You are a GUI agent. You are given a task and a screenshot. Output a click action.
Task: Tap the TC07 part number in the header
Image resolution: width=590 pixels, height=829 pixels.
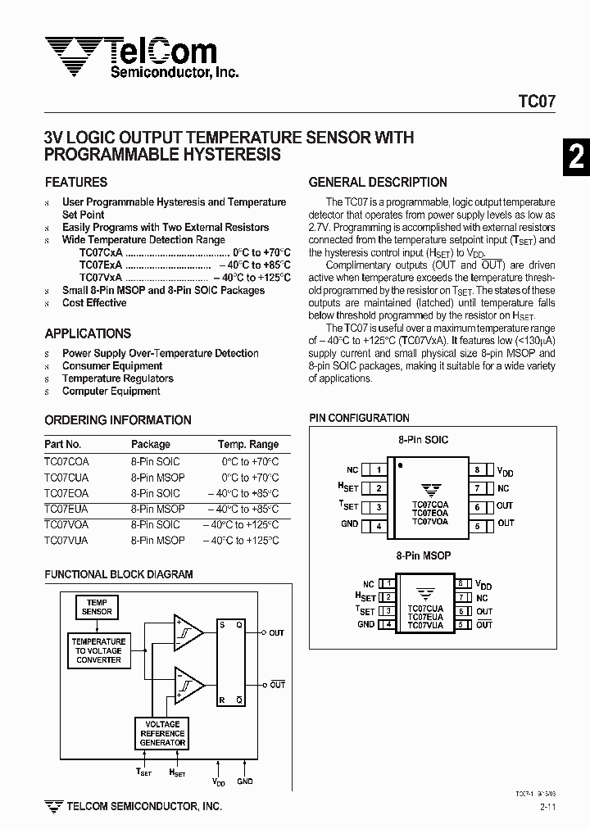[537, 102]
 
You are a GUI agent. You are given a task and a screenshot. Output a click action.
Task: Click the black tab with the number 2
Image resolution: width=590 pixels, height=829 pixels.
[576, 156]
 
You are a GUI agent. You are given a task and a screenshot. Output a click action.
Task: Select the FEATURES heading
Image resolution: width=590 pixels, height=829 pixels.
[76, 182]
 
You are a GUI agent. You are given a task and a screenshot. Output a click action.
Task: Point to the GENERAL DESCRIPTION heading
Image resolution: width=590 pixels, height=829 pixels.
[378, 182]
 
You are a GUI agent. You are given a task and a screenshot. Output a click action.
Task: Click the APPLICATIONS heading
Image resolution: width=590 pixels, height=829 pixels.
[88, 333]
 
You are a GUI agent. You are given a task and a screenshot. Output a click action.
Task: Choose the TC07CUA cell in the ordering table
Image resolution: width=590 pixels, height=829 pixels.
[66, 478]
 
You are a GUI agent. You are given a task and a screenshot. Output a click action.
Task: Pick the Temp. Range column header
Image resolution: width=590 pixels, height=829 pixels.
[247, 444]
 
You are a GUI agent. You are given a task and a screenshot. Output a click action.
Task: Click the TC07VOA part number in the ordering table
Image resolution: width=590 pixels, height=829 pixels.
[66, 524]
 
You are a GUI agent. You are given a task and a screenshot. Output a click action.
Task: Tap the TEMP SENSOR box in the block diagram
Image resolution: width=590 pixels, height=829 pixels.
[97, 607]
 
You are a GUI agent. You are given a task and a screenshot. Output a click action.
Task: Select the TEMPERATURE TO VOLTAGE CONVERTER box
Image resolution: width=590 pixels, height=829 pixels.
[98, 650]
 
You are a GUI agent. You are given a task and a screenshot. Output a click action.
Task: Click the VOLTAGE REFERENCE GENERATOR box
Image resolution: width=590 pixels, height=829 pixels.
[162, 733]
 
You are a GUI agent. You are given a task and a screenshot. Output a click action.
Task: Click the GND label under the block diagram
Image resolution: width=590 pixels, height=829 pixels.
[245, 781]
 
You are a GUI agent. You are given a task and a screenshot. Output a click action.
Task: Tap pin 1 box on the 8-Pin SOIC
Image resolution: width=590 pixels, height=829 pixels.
[378, 470]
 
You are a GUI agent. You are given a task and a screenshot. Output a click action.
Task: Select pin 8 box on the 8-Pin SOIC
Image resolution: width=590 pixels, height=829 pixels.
[477, 470]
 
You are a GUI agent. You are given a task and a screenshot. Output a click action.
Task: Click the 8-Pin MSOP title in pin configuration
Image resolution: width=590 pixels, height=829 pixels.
[424, 555]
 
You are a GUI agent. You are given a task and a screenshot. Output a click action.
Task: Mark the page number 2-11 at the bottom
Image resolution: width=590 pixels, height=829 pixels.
[550, 808]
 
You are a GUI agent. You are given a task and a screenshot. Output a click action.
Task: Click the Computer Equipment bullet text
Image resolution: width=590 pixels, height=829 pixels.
[111, 391]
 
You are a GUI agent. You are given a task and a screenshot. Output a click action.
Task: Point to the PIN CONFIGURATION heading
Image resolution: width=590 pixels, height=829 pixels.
[359, 418]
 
